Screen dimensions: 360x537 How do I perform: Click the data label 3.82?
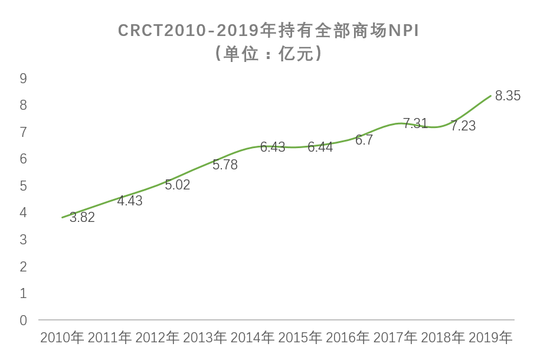pos(82,217)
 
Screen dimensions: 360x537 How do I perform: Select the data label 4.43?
pos(130,201)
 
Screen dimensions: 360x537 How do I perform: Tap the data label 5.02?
pos(178,185)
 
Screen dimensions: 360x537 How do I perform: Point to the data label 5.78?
pos(225,165)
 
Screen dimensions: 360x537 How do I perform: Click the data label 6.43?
pos(273,148)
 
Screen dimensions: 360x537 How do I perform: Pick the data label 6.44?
pos(320,148)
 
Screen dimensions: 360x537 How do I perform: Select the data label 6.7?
pos(364,140)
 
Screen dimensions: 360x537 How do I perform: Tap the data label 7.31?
pos(415,124)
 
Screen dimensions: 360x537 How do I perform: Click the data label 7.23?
pos(463,126)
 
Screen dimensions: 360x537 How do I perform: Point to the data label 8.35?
pos(508,96)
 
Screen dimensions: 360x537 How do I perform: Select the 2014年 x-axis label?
pos(253,338)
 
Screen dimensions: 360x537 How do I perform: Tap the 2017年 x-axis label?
pos(395,338)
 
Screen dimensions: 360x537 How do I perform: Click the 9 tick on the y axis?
pos(24,78)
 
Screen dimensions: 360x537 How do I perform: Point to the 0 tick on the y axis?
pos(24,320)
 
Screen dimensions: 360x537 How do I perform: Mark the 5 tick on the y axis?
pos(24,186)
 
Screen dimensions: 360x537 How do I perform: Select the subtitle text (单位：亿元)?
pos(268,54)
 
